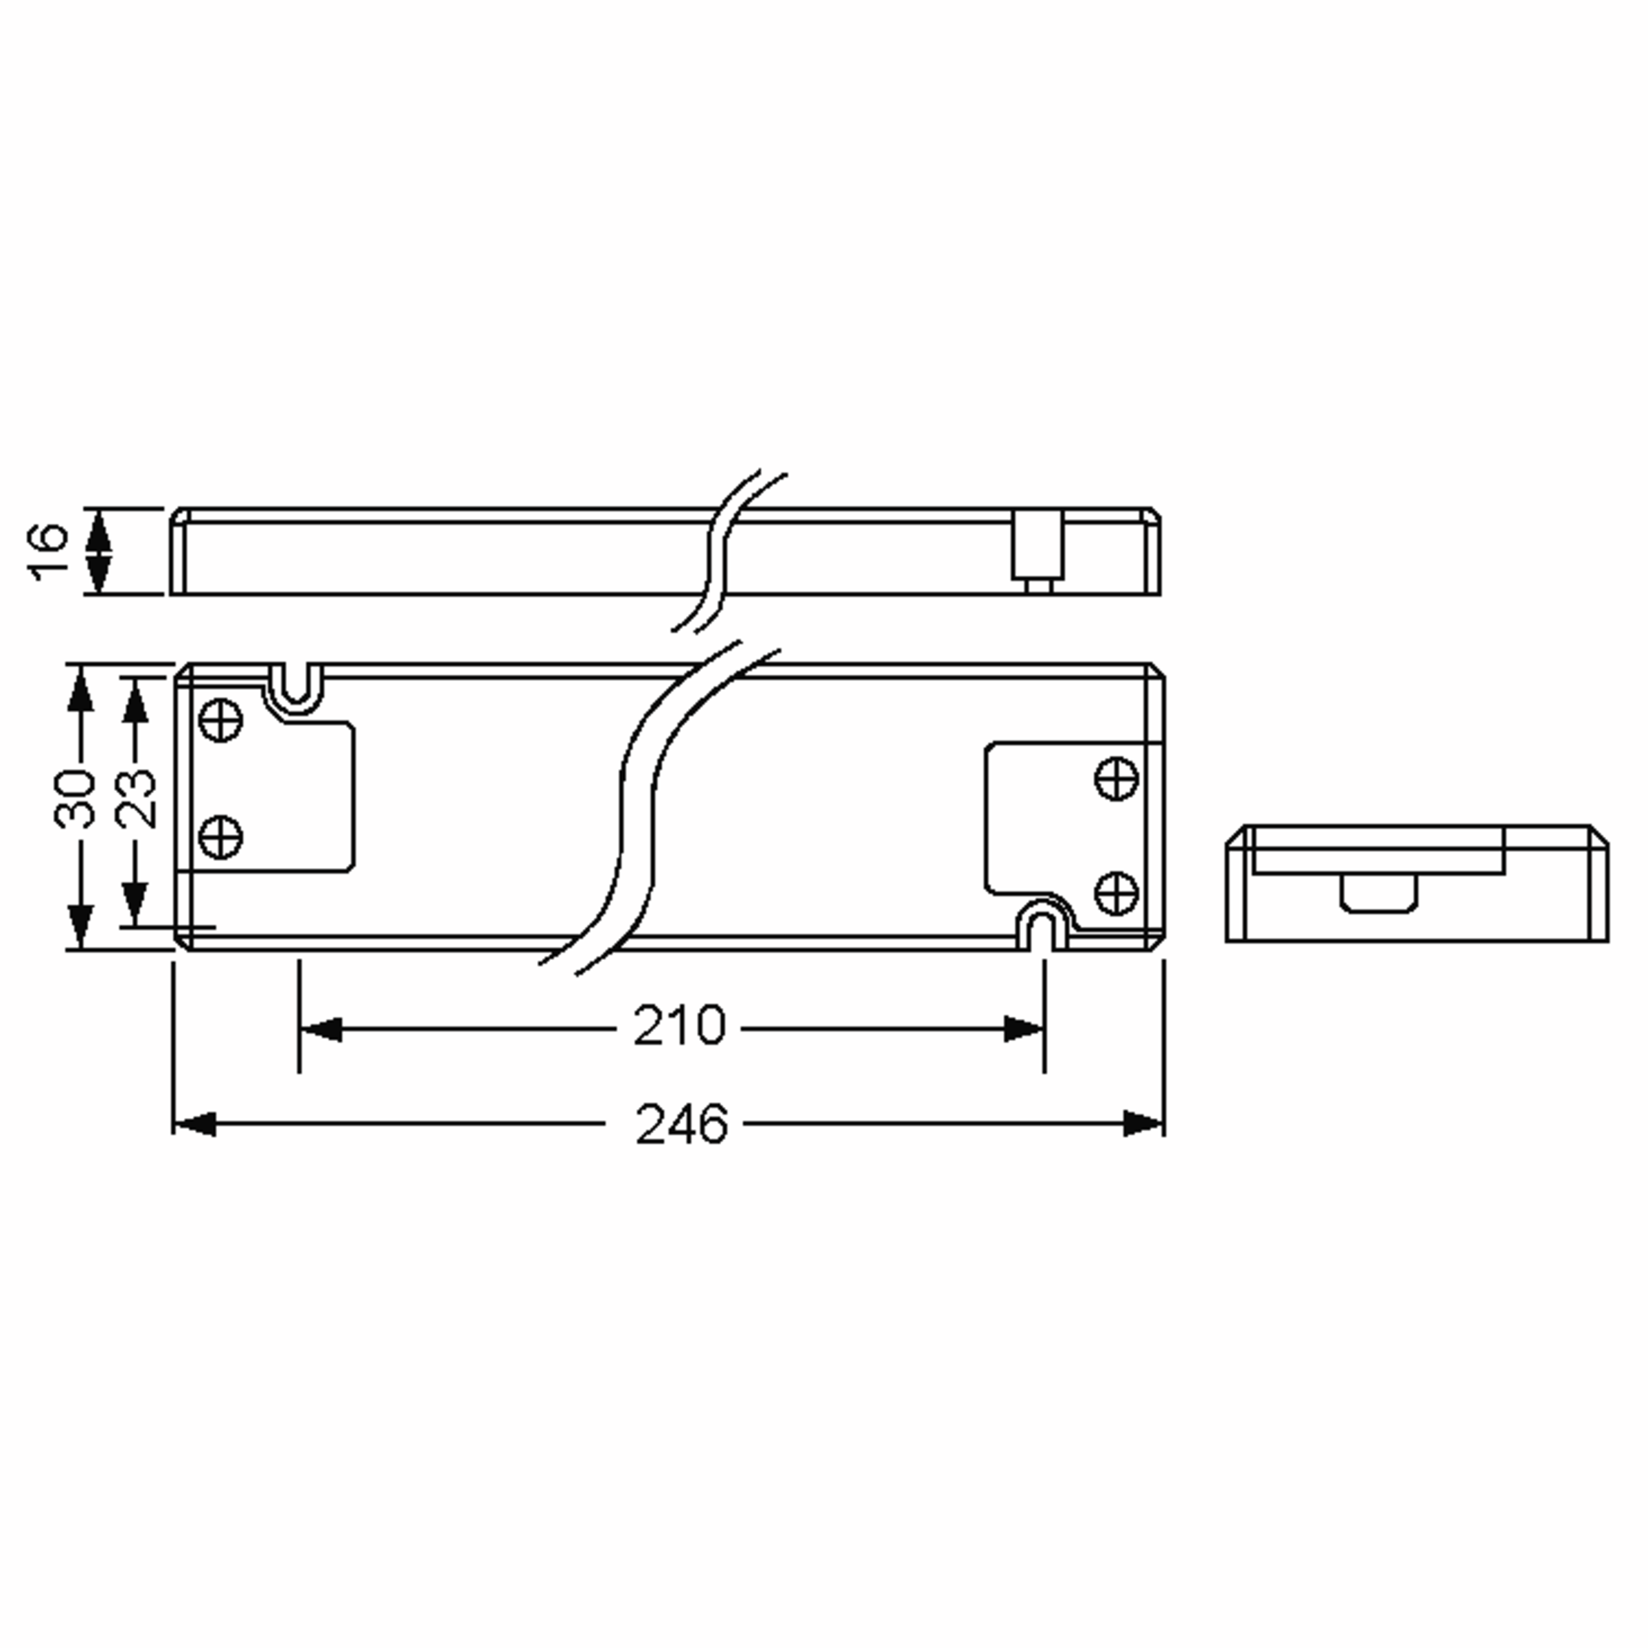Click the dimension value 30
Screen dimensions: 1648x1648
pyautogui.click(x=74, y=799)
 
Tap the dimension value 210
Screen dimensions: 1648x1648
pyautogui.click(x=679, y=1026)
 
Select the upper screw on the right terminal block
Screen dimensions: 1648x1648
pyautogui.click(x=1116, y=779)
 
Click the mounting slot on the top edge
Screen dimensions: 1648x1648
pyautogui.click(x=296, y=687)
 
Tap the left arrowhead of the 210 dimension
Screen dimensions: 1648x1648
pyautogui.click(x=321, y=1029)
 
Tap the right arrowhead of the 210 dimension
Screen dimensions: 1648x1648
pyautogui.click(x=1022, y=1029)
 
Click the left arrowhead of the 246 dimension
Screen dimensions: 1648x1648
pyautogui.click(x=194, y=1123)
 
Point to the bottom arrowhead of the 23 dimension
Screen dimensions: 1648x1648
pyautogui.click(x=135, y=904)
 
